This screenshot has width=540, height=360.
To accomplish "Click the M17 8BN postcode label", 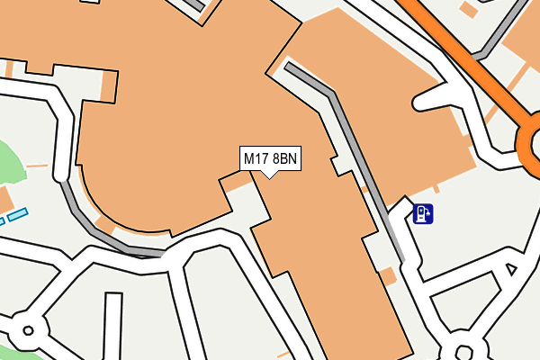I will [270, 159].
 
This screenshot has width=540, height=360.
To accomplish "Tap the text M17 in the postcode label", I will [256, 159].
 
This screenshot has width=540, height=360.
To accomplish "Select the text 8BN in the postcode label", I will [284, 159].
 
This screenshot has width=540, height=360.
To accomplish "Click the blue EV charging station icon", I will [422, 213].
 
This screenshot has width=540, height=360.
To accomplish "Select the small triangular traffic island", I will [510, 268].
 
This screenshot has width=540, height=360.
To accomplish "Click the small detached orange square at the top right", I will [468, 9].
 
